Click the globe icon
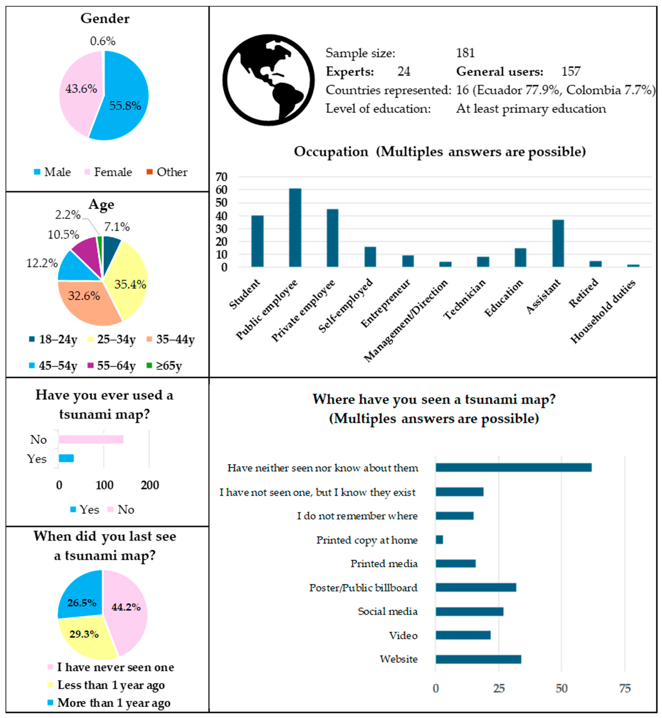coord(268,80)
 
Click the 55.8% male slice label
coord(125,106)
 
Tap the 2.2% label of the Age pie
coord(67,215)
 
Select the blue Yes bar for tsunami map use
coord(66,458)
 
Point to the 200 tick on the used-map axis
coord(150,485)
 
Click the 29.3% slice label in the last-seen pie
coord(84,634)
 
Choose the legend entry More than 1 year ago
coord(114,703)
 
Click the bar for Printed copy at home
coord(439,540)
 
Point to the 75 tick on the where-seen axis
coord(625,688)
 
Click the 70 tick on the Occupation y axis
coord(221,177)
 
